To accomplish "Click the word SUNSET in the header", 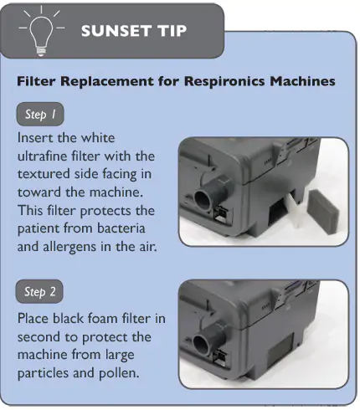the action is [116, 31].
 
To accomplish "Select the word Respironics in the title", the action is [224, 81].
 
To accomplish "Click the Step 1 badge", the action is [40, 114].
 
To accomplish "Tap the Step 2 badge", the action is [39, 291].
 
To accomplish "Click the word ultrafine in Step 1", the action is [43, 156].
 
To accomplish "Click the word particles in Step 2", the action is [43, 373].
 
